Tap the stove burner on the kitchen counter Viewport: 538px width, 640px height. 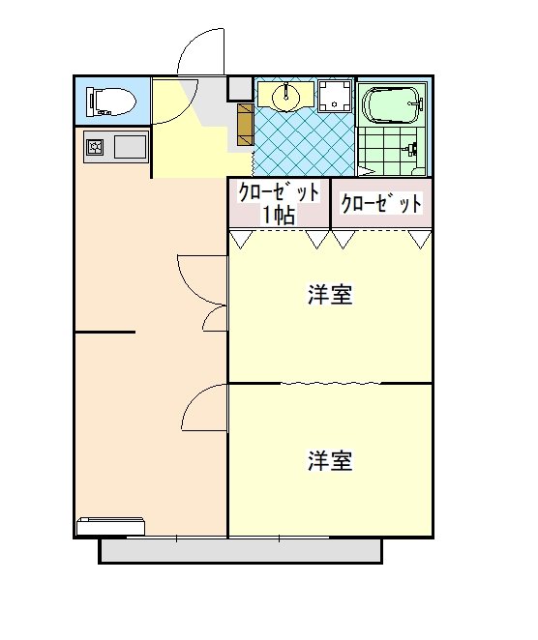[x=97, y=148]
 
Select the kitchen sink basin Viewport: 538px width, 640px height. [x=131, y=148]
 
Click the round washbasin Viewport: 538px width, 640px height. [x=285, y=97]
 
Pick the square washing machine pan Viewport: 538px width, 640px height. [x=335, y=97]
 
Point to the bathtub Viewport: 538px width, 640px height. [x=391, y=103]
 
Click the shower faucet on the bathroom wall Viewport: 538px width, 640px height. [x=412, y=150]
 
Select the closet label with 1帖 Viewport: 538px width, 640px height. [x=279, y=203]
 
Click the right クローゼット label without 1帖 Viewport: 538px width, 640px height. [x=381, y=204]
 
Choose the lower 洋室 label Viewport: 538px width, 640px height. [x=329, y=460]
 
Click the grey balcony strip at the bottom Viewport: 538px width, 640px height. [x=241, y=550]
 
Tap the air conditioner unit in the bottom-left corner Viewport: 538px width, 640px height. [x=111, y=526]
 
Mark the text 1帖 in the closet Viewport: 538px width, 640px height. [x=279, y=215]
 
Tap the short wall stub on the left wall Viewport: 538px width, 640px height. [x=105, y=332]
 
